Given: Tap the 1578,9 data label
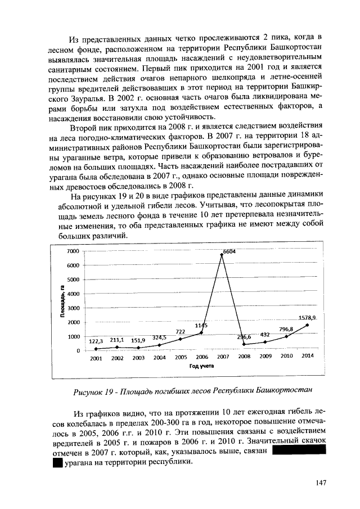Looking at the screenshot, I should point(307,318).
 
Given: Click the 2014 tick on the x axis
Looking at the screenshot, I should point(307,357).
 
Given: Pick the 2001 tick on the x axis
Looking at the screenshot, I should point(96,357).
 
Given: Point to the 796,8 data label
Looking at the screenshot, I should point(286,329).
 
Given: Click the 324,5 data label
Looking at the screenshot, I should point(159,337).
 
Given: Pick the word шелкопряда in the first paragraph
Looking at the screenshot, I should point(211,77).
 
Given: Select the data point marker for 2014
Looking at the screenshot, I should point(307,325).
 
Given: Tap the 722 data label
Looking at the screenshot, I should point(181,332).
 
